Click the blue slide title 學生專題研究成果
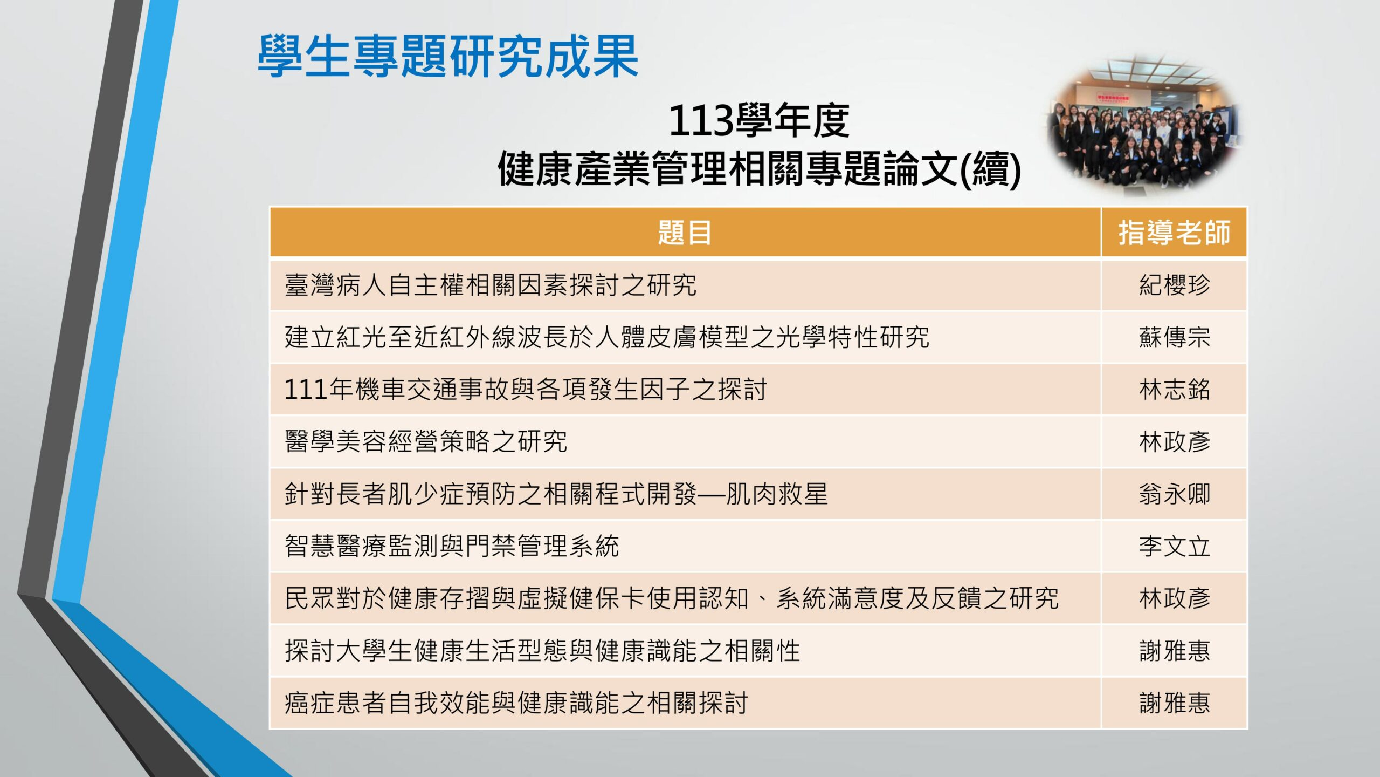click(x=448, y=56)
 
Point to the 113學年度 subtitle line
click(x=759, y=120)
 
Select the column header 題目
click(x=685, y=233)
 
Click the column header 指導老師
click(x=1174, y=233)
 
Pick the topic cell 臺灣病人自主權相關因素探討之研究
click(x=491, y=285)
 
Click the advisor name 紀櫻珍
click(x=1175, y=285)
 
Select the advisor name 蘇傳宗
click(x=1175, y=337)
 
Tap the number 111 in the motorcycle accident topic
click(x=306, y=390)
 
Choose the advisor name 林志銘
click(x=1175, y=390)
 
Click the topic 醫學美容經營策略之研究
click(x=426, y=441)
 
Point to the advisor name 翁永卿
click(x=1175, y=494)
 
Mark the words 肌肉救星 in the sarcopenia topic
click(x=777, y=494)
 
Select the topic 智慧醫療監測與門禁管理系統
click(x=452, y=546)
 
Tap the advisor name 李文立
click(x=1175, y=546)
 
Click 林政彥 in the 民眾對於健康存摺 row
click(x=1175, y=598)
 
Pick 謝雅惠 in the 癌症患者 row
click(x=1175, y=703)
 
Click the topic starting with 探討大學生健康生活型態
click(x=542, y=651)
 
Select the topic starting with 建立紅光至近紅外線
click(x=607, y=337)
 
